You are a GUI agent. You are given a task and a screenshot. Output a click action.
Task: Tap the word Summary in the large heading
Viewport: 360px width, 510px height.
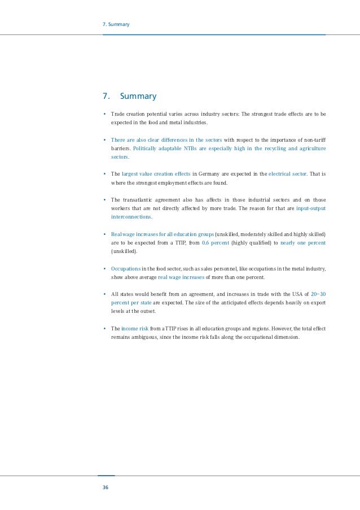pos(138,97)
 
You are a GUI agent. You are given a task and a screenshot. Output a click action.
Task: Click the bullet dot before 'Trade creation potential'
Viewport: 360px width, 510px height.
pos(104,114)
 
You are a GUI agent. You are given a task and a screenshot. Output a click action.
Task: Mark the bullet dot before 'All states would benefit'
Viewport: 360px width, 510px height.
pos(104,294)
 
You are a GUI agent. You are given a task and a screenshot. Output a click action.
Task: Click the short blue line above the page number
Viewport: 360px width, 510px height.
pos(106,476)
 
